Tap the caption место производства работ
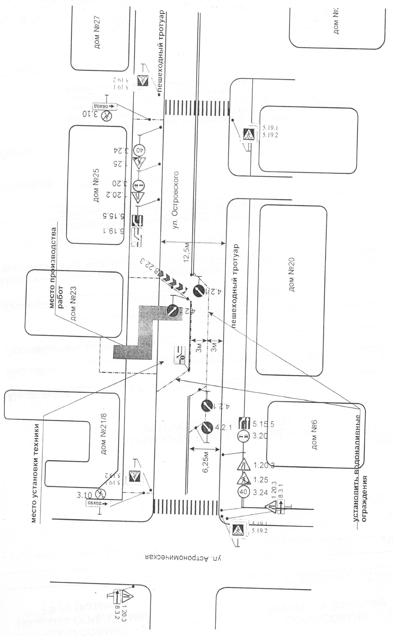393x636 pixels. pyautogui.click(x=57, y=268)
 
